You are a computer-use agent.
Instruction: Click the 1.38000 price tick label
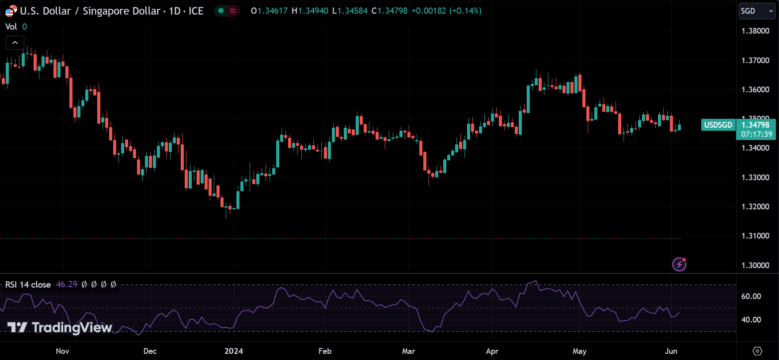point(755,31)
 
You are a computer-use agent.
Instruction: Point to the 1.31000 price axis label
point(755,236)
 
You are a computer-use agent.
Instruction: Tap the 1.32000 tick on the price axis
point(755,207)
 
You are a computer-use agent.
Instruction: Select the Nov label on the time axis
point(62,351)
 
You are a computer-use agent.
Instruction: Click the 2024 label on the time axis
point(233,351)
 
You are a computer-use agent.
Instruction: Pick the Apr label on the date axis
point(492,351)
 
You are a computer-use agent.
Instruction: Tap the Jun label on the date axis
point(671,351)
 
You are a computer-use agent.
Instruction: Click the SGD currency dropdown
point(757,11)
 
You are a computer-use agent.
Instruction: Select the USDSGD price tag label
point(718,125)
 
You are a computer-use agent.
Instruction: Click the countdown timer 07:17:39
point(756,134)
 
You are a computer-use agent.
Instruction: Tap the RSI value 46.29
point(67,284)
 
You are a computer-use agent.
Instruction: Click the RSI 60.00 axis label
point(751,296)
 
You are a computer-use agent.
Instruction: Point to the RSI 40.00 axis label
point(751,320)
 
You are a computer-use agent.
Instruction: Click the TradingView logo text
point(60,327)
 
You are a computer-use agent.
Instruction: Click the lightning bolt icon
point(679,264)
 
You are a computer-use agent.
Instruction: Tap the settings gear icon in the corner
point(757,351)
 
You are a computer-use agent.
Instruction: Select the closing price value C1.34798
point(389,11)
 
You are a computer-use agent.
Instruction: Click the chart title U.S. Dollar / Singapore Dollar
point(90,11)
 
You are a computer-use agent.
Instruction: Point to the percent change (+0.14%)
point(465,11)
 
